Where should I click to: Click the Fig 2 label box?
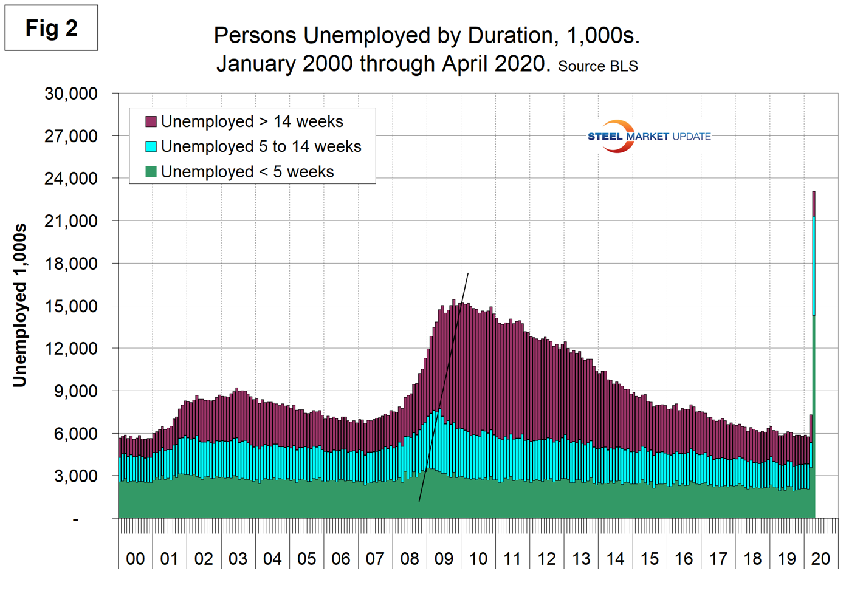click(x=51, y=28)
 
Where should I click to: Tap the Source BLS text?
click(x=597, y=66)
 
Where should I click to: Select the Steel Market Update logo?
click(x=648, y=136)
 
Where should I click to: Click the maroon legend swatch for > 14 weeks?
click(x=151, y=121)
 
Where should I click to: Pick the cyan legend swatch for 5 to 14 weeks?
click(x=151, y=146)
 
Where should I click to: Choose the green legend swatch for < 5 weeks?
click(x=151, y=172)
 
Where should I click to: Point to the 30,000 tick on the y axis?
click(x=70, y=94)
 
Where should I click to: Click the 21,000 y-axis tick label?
click(x=70, y=221)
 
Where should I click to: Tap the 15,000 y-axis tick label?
click(x=70, y=306)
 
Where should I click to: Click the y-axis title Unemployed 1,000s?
click(x=20, y=305)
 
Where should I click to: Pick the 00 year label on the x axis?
click(x=135, y=559)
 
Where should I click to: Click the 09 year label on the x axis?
click(x=444, y=559)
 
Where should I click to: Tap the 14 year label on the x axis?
click(x=615, y=559)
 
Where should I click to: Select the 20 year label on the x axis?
click(x=820, y=559)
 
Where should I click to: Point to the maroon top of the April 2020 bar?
click(x=814, y=203)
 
